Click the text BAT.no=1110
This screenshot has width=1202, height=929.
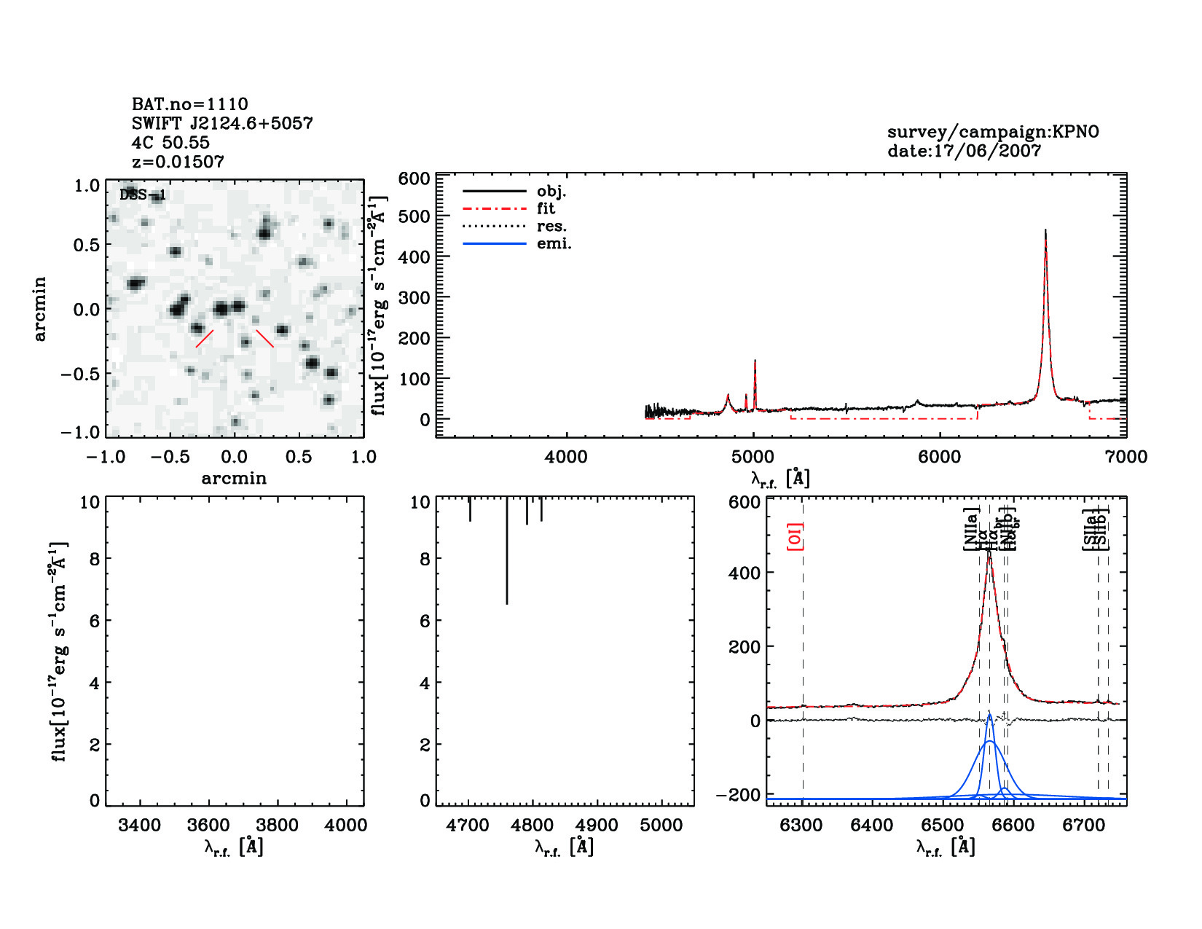pyautogui.click(x=189, y=104)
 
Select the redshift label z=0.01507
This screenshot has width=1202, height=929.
pyautogui.click(x=178, y=162)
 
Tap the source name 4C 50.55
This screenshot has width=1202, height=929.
pyautogui.click(x=170, y=143)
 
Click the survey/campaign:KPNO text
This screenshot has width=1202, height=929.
pyautogui.click(x=993, y=132)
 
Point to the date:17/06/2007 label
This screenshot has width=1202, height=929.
pyautogui.click(x=964, y=151)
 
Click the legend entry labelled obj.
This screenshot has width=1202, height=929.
pyautogui.click(x=551, y=192)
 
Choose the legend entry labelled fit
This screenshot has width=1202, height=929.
pyautogui.click(x=546, y=209)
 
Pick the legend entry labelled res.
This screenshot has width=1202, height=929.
pyautogui.click(x=551, y=227)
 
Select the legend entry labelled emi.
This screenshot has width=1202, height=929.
pyautogui.click(x=554, y=244)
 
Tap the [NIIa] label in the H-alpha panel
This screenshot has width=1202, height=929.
pyautogui.click(x=970, y=529)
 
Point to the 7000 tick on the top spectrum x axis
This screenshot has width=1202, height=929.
pyautogui.click(x=1126, y=457)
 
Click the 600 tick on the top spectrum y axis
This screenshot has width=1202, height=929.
pyautogui.click(x=414, y=179)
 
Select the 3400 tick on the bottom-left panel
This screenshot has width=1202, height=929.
pyautogui.click(x=139, y=826)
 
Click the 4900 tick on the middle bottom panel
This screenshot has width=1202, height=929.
pyautogui.click(x=597, y=826)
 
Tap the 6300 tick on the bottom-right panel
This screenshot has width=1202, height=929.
pyautogui.click(x=801, y=826)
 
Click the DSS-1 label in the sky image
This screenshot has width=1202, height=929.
pyautogui.click(x=143, y=195)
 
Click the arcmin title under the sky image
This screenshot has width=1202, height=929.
pyautogui.click(x=234, y=479)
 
